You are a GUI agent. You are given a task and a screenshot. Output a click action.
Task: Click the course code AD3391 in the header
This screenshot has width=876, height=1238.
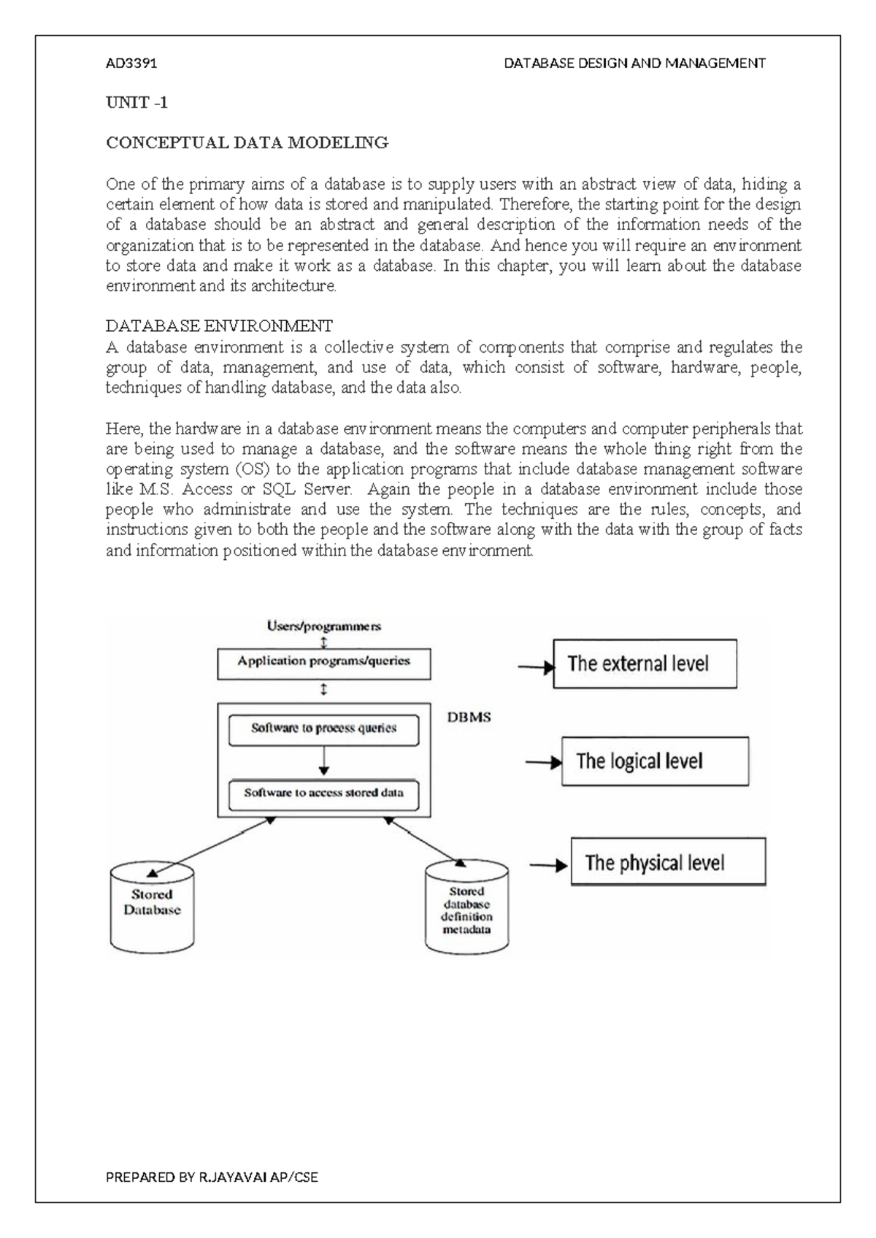pyautogui.click(x=131, y=64)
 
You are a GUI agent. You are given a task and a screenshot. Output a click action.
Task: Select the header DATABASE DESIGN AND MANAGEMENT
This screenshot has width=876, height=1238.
pyautogui.click(x=634, y=64)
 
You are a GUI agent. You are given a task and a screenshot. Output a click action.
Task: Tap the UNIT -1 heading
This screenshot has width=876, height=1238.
pyautogui.click(x=137, y=103)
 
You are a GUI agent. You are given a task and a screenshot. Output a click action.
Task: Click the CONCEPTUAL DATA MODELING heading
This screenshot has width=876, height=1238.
pyautogui.click(x=247, y=143)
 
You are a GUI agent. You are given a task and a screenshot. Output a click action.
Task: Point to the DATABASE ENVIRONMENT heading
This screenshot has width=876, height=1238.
pyautogui.click(x=219, y=326)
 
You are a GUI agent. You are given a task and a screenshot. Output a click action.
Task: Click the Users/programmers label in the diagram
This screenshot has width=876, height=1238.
pyautogui.click(x=323, y=626)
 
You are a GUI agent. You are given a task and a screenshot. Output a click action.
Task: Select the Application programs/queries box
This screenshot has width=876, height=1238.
pyautogui.click(x=323, y=662)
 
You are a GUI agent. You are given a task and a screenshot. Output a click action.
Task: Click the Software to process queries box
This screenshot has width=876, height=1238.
pyautogui.click(x=323, y=728)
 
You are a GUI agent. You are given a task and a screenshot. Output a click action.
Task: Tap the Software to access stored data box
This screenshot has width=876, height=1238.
pyautogui.click(x=323, y=793)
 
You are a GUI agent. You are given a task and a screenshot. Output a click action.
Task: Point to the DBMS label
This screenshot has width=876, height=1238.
pyautogui.click(x=469, y=718)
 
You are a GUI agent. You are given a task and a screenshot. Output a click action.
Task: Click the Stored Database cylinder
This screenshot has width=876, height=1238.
pyautogui.click(x=152, y=905)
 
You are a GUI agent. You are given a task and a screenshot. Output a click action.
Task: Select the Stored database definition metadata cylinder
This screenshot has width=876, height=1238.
pyautogui.click(x=466, y=909)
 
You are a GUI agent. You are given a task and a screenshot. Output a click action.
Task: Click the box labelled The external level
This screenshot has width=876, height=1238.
pyautogui.click(x=644, y=664)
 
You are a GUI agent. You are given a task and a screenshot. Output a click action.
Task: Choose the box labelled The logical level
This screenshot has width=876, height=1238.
pyautogui.click(x=654, y=761)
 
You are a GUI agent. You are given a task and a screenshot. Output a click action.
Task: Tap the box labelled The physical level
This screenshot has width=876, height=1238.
pyautogui.click(x=667, y=863)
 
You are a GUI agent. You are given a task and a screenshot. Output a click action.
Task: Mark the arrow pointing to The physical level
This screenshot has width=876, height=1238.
pyautogui.click(x=547, y=866)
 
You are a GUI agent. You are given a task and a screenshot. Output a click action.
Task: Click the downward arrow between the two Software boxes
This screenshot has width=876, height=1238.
pyautogui.click(x=323, y=761)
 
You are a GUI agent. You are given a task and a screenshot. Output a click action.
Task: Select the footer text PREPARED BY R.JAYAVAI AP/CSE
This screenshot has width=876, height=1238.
pyautogui.click(x=212, y=1177)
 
